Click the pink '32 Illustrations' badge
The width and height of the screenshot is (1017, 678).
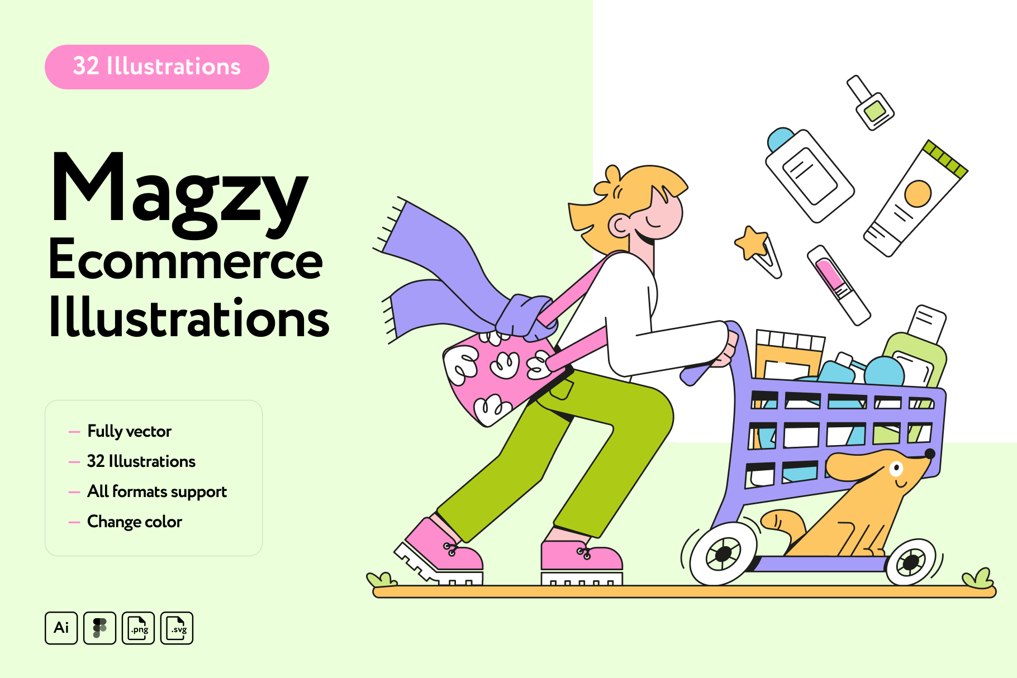(157, 67)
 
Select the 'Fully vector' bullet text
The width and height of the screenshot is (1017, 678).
(129, 432)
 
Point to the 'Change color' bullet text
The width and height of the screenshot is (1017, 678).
(135, 522)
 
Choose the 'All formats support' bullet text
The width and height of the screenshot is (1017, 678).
(157, 492)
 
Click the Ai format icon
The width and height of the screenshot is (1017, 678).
(61, 628)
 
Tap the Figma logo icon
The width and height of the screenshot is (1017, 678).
(99, 628)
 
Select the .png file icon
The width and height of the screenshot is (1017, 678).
(138, 628)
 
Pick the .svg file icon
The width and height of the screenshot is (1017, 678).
(177, 628)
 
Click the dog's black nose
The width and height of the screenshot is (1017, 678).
(930, 453)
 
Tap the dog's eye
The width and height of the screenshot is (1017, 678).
(897, 468)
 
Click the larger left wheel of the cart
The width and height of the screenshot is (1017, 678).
(723, 553)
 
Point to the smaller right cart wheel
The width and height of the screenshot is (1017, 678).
(911, 562)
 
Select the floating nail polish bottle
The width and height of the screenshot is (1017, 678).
(871, 103)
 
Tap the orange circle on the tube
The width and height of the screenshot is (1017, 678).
(918, 194)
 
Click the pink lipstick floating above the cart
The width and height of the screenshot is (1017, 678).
(838, 285)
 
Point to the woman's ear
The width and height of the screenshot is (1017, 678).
(620, 225)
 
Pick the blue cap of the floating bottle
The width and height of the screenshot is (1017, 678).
(781, 139)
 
